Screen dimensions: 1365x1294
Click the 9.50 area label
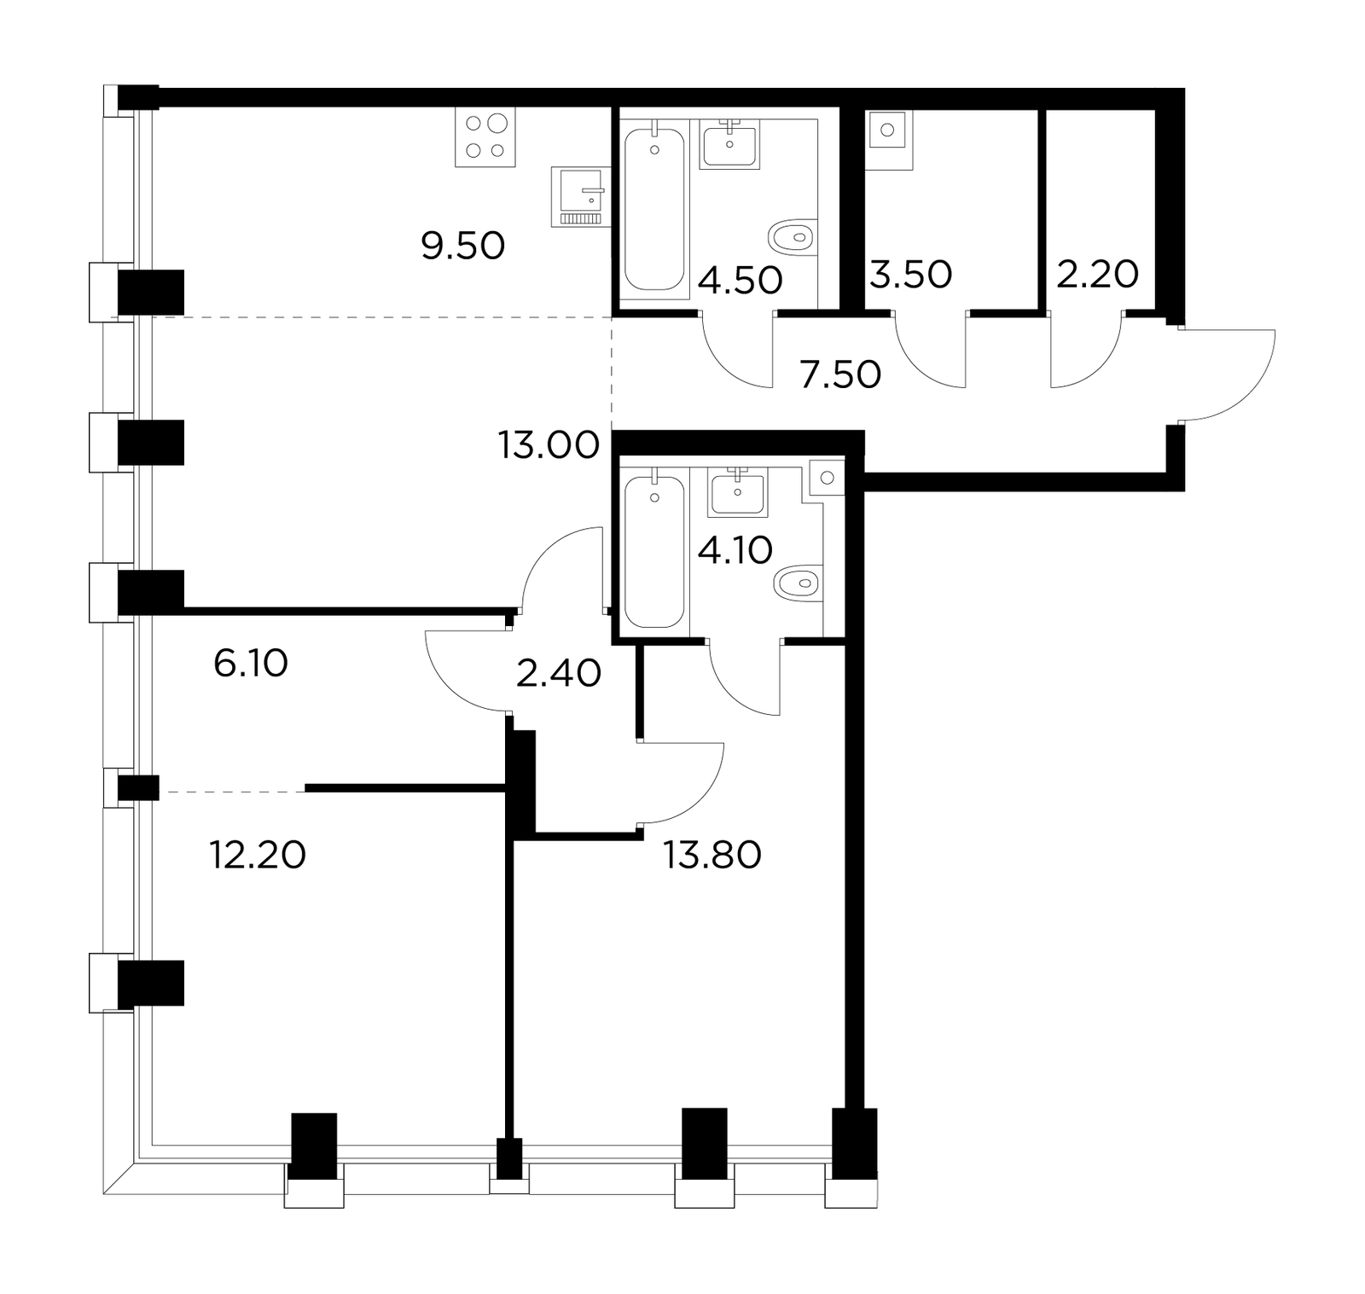[x=463, y=247]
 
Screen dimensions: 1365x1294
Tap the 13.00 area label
[x=549, y=445]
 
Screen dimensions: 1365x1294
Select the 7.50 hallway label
[x=840, y=374]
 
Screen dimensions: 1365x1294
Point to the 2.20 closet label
[x=1098, y=275]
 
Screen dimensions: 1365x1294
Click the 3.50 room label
[x=911, y=275]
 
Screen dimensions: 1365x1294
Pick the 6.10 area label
[x=251, y=663]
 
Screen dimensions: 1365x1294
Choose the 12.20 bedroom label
[x=258, y=854]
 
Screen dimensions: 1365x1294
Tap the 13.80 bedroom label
[x=713, y=854]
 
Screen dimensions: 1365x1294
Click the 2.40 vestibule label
[x=559, y=673]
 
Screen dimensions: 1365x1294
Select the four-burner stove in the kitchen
[x=485, y=138]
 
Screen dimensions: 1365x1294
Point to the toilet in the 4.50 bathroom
[x=793, y=236]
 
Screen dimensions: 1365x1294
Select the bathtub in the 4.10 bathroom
[x=654, y=552]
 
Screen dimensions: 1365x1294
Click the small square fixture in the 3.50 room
[x=888, y=131]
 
